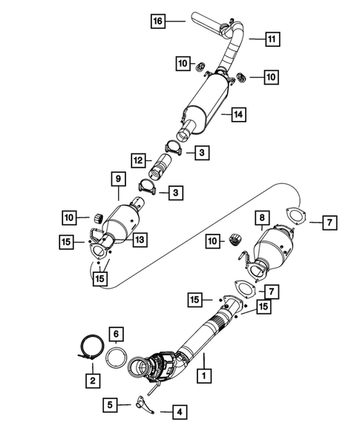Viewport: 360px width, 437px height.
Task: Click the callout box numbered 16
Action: pyautogui.click(x=158, y=21)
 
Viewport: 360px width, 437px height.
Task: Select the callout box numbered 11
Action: pyautogui.click(x=272, y=39)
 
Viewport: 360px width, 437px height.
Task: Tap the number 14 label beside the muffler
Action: pyautogui.click(x=238, y=115)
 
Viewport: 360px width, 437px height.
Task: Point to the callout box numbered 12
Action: pyautogui.click(x=138, y=160)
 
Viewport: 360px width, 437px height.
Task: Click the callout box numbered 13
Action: pyautogui.click(x=140, y=238)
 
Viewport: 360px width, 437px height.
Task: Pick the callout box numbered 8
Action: pyautogui.click(x=261, y=219)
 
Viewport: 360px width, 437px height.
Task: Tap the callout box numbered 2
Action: pyautogui.click(x=92, y=381)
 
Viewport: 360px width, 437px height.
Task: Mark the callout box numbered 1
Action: pyautogui.click(x=200, y=376)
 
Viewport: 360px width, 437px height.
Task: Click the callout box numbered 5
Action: pyautogui.click(x=110, y=405)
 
